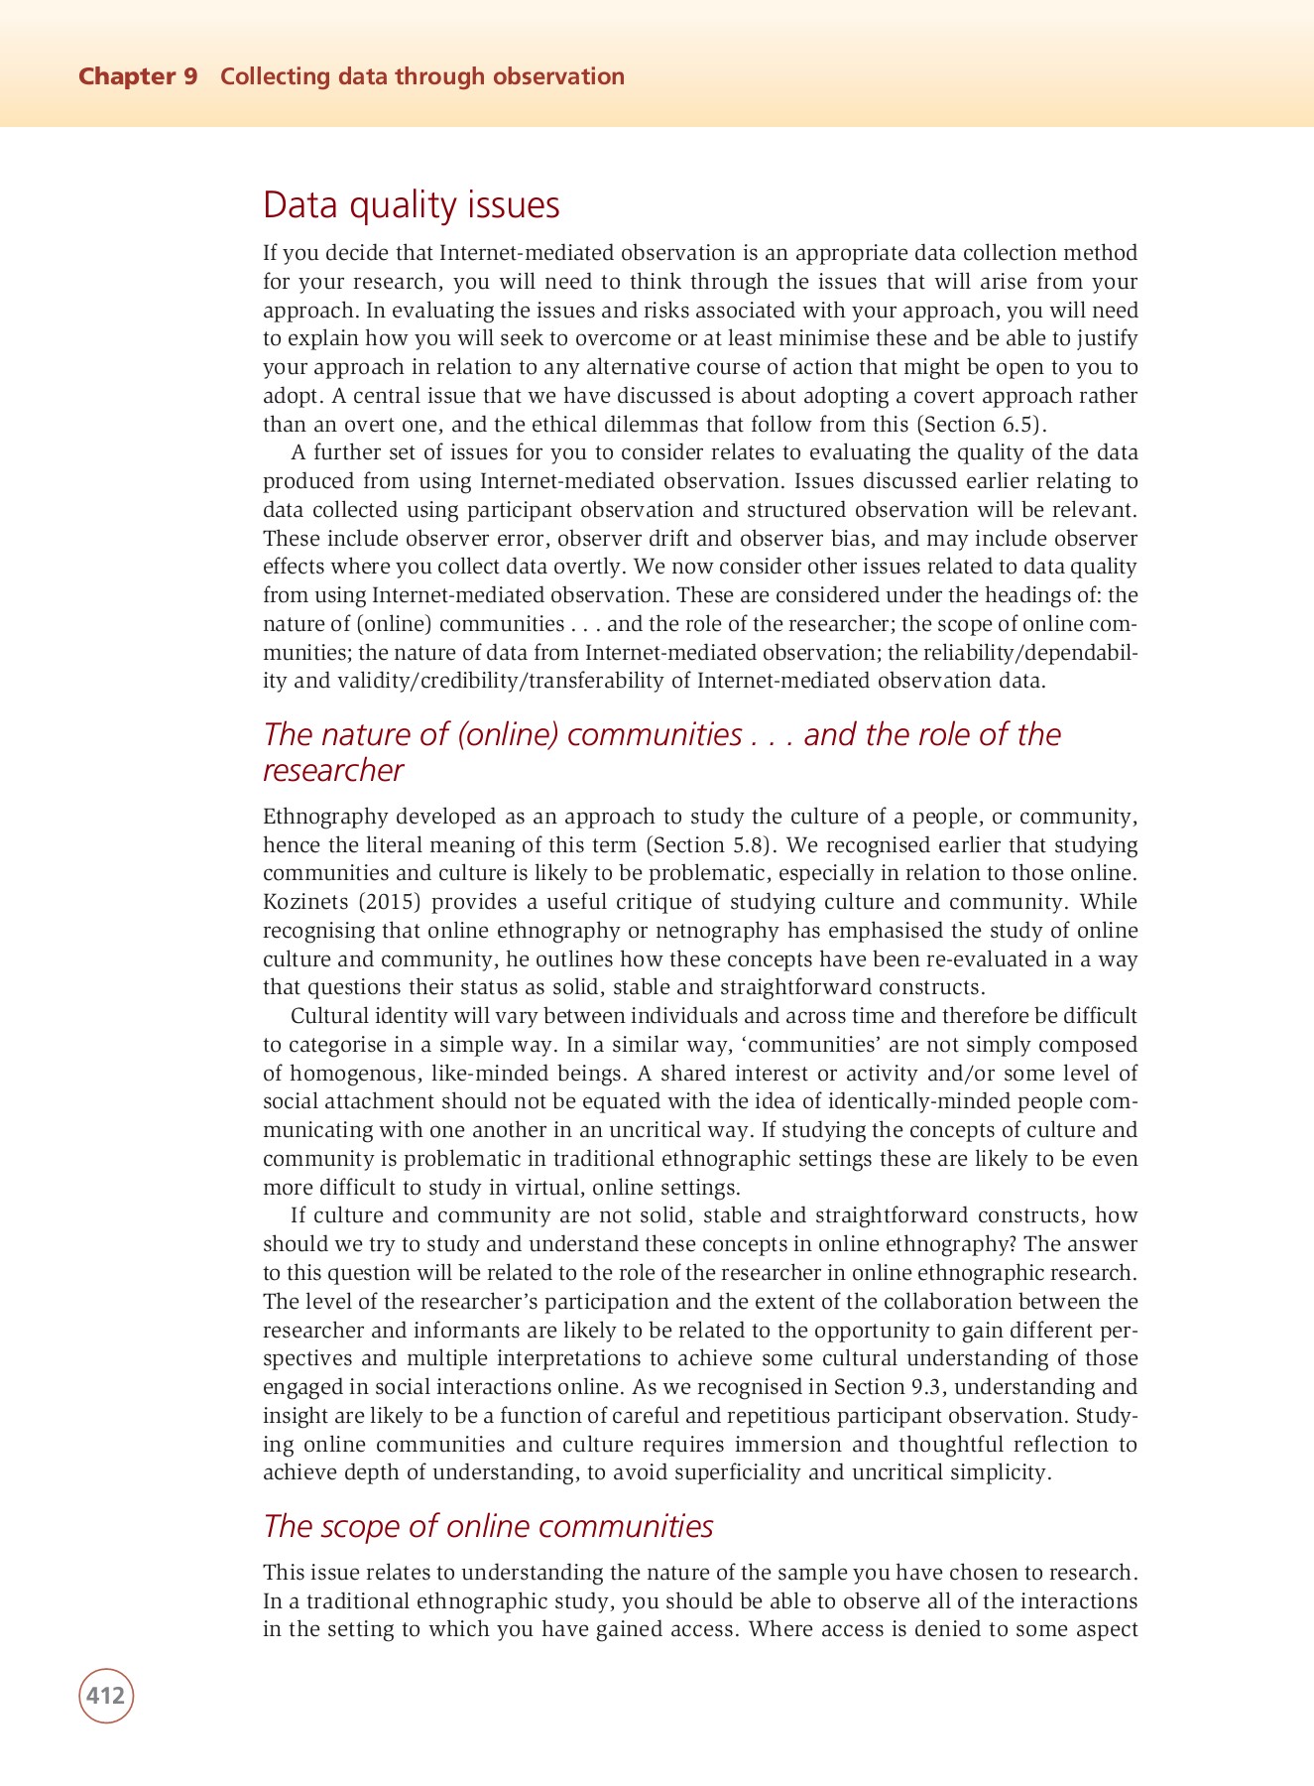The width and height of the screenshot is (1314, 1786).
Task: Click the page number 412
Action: pyautogui.click(x=105, y=1695)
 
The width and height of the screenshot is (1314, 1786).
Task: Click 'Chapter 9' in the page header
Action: pyautogui.click(x=138, y=76)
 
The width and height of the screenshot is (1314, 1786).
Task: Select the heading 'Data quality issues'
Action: pyautogui.click(x=412, y=205)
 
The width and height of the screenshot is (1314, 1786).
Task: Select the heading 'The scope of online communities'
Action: pyautogui.click(x=488, y=1526)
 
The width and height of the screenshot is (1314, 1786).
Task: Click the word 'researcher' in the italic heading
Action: pyautogui.click(x=333, y=770)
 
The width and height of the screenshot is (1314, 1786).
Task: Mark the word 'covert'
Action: pyautogui.click(x=948, y=396)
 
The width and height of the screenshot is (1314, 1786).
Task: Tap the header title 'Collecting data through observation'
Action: pyautogui.click(x=422, y=76)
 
